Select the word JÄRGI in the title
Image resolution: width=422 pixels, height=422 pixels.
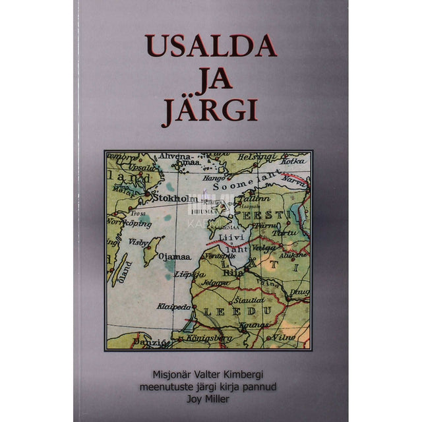pos(210,110)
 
